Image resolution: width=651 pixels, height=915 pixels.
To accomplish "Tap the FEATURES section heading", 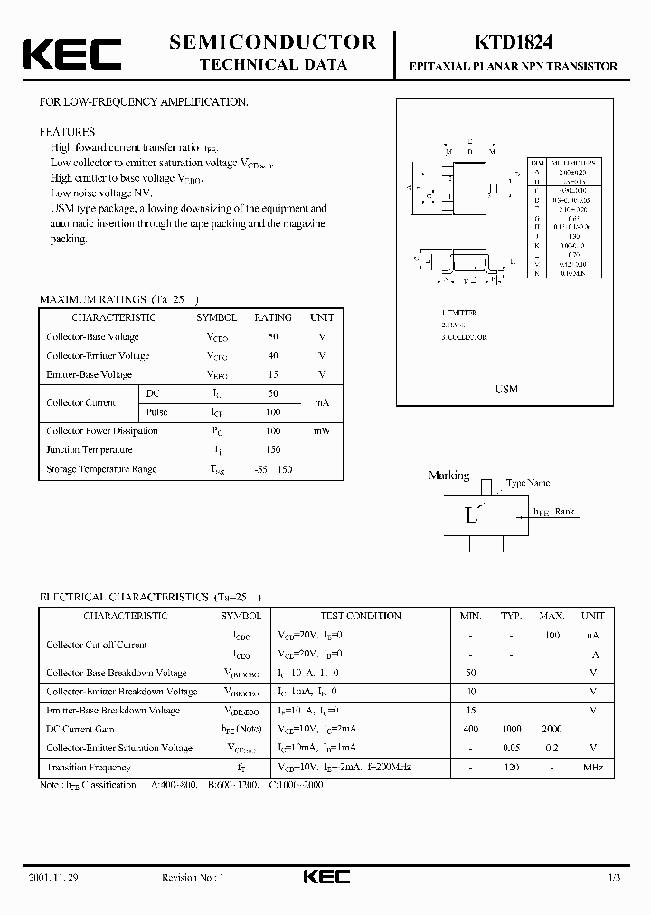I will (67, 131).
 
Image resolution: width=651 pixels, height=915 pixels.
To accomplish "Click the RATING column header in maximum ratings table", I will (272, 317).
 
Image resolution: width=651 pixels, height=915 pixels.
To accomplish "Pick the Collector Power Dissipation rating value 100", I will (273, 431).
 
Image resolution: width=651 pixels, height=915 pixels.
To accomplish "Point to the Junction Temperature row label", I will (90, 450).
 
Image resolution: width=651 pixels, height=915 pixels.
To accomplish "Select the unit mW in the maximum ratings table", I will (322, 431).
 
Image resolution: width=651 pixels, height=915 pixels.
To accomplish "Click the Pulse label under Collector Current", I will (156, 411).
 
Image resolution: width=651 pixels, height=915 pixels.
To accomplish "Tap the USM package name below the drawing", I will (506, 389).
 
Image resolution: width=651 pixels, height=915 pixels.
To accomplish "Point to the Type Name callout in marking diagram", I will (528, 484).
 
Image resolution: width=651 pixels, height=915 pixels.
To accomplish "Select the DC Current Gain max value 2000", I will (552, 729).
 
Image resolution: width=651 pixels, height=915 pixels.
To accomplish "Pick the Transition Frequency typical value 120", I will (511, 767).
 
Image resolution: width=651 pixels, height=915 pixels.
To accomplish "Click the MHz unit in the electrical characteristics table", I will (592, 767).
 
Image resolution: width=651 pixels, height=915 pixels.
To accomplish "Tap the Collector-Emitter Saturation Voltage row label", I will (119, 748).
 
